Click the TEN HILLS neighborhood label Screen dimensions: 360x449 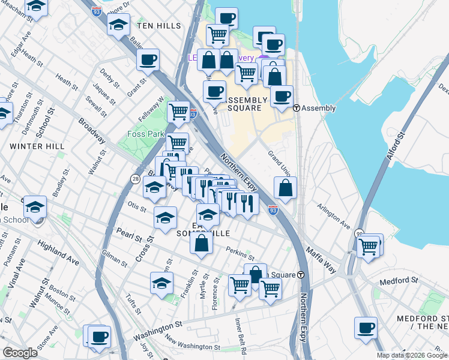[158, 26]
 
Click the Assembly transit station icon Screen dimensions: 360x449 [297, 108]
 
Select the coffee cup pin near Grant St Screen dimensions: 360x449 [148, 60]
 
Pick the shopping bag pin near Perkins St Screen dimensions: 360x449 [202, 242]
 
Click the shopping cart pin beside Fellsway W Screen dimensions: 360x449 [178, 112]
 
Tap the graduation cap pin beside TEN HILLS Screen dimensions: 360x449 [118, 25]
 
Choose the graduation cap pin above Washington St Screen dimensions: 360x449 [161, 283]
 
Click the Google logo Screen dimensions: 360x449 [20, 353]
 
